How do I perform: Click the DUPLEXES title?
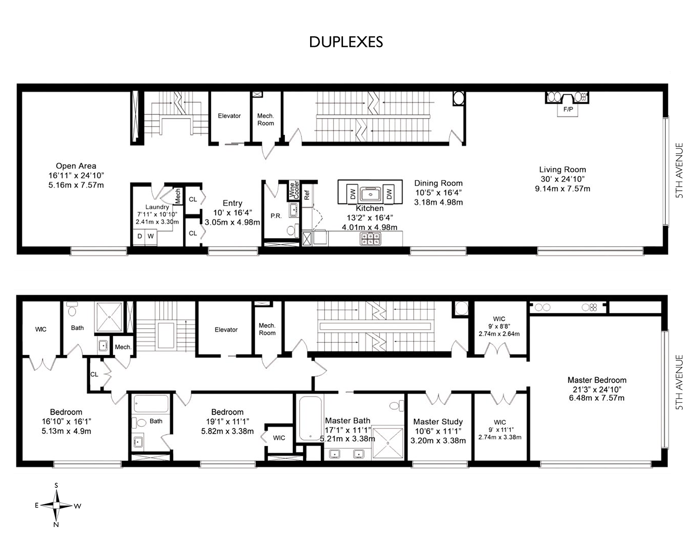tap(346, 42)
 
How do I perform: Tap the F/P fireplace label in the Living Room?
tap(568, 109)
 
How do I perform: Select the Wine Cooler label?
tap(294, 190)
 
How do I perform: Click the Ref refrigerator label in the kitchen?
tap(307, 195)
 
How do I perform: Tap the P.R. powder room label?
tap(276, 216)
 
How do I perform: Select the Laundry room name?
tap(157, 207)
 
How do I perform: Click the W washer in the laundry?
tap(151, 236)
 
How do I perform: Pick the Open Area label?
tap(76, 166)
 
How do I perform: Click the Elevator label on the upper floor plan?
tap(229, 116)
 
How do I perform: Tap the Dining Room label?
tap(439, 183)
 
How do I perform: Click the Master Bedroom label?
tap(597, 380)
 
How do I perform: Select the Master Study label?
tap(438, 422)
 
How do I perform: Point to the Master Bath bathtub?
tap(310, 418)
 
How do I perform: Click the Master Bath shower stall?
tap(388, 443)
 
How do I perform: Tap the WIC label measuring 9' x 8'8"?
tap(499, 319)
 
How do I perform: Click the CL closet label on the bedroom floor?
tap(94, 374)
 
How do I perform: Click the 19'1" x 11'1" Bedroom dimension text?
tap(228, 422)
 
